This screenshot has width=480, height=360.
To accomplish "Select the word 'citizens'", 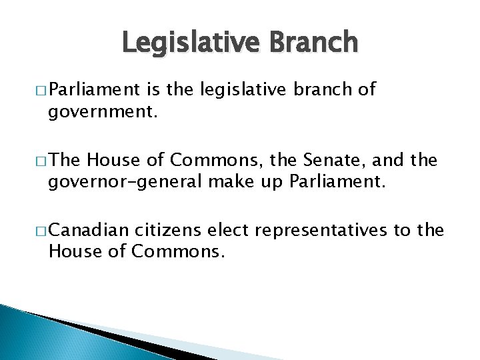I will [169, 231].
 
